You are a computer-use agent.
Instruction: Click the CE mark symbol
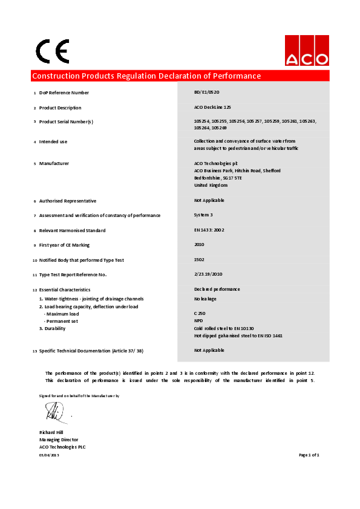coord(53,51)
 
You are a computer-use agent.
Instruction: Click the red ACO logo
coord(307,51)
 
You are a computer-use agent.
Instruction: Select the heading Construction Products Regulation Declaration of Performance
coord(146,76)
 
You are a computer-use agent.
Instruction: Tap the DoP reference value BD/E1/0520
coord(206,92)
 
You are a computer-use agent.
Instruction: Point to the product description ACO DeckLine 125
coord(212,108)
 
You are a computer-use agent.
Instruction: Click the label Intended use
coord(53,141)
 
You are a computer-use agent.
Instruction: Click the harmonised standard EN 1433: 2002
coord(208,230)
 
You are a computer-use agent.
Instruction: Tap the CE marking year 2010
coord(199,245)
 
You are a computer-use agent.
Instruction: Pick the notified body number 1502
coord(199,260)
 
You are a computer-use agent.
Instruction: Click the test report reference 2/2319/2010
coord(208,274)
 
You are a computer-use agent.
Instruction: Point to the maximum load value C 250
coord(200,314)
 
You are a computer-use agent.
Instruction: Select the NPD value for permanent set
coord(198,321)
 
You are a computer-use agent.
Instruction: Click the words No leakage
coord(205,299)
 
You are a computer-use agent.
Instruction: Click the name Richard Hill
coord(51,433)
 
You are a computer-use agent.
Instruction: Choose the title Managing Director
coord(59,440)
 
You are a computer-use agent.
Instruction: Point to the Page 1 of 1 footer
coord(309,455)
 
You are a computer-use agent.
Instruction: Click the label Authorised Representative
coord(68,201)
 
